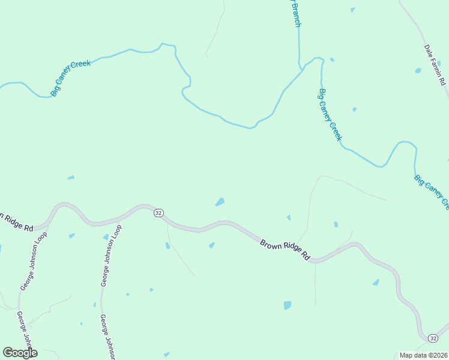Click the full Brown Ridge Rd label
285,250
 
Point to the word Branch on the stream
296,14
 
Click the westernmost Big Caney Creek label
71,77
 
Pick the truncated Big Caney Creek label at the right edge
432,191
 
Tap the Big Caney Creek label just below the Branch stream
331,115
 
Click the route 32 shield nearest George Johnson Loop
158,213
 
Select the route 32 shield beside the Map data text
433,338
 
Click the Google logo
20,353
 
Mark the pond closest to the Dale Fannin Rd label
418,71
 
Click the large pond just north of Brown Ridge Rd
220,202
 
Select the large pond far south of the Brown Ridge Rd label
288,305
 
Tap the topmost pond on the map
352,10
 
